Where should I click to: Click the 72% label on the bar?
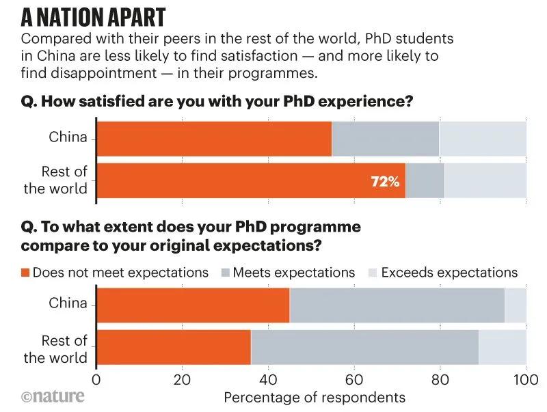pyautogui.click(x=385, y=182)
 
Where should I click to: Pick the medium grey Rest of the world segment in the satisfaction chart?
pyautogui.click(x=425, y=182)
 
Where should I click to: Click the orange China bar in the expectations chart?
pyautogui.click(x=194, y=305)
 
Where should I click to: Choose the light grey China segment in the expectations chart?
pyautogui.click(x=516, y=305)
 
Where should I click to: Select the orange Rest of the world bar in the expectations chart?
pyautogui.click(x=174, y=348)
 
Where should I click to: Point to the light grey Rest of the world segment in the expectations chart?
pyautogui.click(x=503, y=348)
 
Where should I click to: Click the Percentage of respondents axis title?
pyautogui.click(x=315, y=397)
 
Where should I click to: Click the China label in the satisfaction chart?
pyautogui.click(x=68, y=137)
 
